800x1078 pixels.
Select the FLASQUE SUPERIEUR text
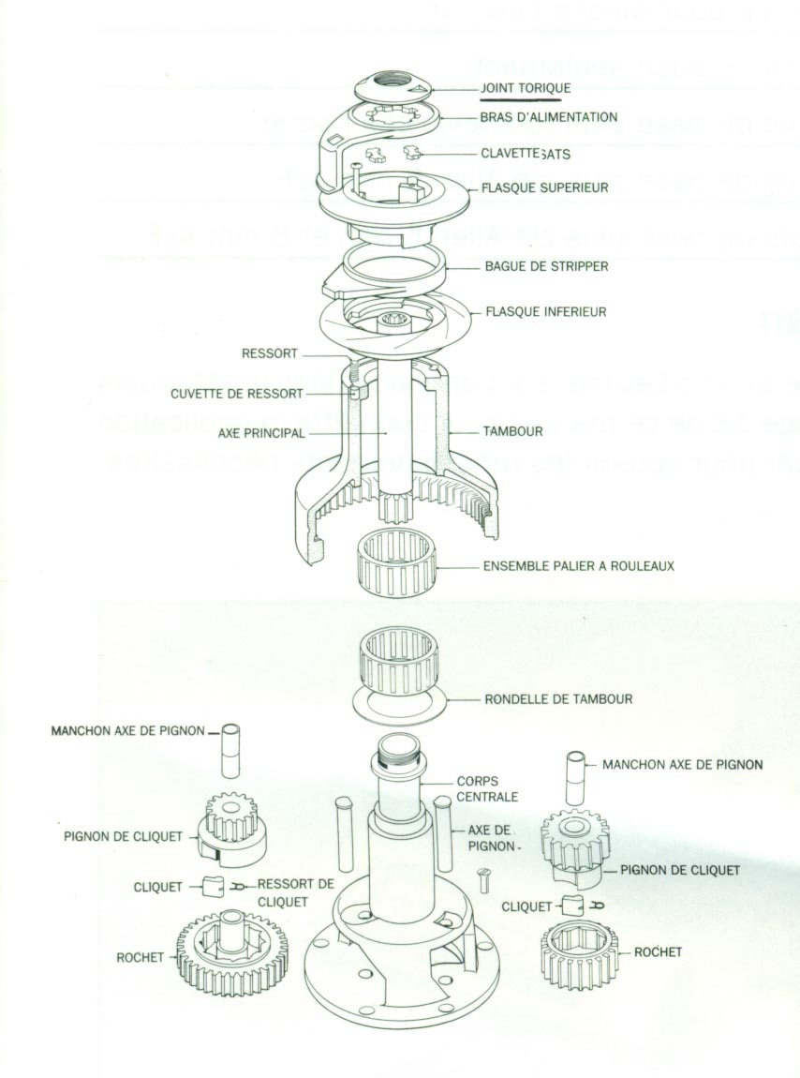pos(544,187)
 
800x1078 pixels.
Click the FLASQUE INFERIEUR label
pos(545,312)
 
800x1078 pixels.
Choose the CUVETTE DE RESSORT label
pos(237,394)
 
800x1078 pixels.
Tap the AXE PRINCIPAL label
pos(261,434)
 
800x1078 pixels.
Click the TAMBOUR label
pos(512,432)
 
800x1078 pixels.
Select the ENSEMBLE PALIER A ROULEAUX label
pos(578,566)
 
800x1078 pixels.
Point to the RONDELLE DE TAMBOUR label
pos(558,698)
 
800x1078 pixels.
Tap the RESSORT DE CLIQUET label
pos(295,891)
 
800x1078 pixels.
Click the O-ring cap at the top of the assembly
pos(393,88)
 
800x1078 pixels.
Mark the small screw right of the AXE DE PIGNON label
pos(483,881)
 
